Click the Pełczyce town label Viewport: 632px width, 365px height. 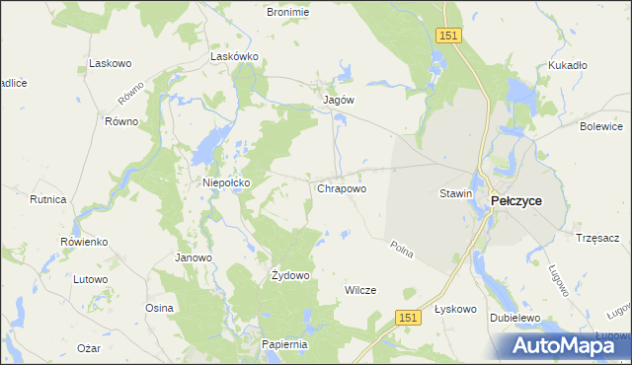point(516,200)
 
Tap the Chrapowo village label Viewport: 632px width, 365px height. point(342,187)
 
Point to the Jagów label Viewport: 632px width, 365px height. point(339,100)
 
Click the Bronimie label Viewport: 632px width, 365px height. point(288,12)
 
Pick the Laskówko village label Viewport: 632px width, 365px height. point(235,57)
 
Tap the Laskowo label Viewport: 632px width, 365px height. point(111,63)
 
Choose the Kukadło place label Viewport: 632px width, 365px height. point(568,66)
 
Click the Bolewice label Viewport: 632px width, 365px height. point(601,126)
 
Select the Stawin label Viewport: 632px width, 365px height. point(455,194)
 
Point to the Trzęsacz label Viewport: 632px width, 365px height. point(596,238)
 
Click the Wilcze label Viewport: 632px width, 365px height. point(359,290)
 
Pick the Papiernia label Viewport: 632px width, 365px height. point(286,344)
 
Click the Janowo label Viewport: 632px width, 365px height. point(194,258)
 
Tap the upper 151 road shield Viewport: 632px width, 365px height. point(449,35)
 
